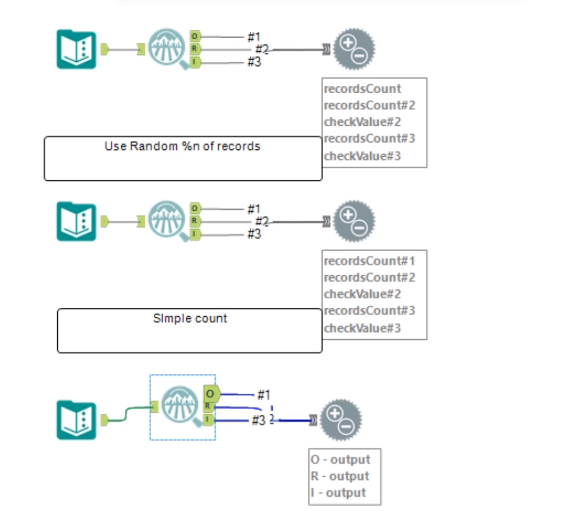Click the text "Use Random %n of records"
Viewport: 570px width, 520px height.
pyautogui.click(x=182, y=147)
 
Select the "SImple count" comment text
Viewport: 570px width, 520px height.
pyautogui.click(x=190, y=318)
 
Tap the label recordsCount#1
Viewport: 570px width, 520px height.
pyautogui.click(x=369, y=261)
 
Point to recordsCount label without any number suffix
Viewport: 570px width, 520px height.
pyautogui.click(x=362, y=89)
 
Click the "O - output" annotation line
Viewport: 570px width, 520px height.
pyautogui.click(x=341, y=459)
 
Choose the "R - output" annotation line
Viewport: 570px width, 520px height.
pyautogui.click(x=341, y=476)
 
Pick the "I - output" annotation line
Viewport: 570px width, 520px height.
pyautogui.click(x=338, y=492)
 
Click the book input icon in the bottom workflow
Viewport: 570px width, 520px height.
pyautogui.click(x=76, y=419)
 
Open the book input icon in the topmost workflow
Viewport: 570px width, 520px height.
pyautogui.click(x=76, y=49)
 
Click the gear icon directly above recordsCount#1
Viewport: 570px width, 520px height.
pyautogui.click(x=354, y=221)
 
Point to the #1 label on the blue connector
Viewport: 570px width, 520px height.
pyautogui.click(x=263, y=394)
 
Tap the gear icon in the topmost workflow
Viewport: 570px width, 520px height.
pyautogui.click(x=354, y=49)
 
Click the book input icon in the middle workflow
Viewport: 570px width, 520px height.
pyautogui.click(x=76, y=221)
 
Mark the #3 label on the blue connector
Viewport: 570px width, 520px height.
pyautogui.click(x=258, y=420)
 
